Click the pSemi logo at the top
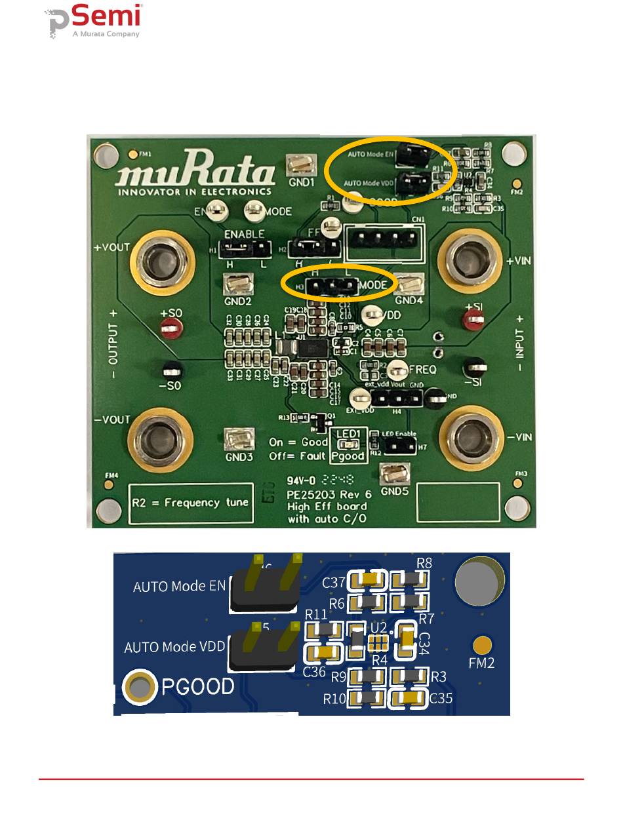[x=96, y=21]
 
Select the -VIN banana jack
[x=472, y=433]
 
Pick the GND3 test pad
[x=238, y=440]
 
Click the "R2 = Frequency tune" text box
[x=191, y=503]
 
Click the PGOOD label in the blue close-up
[x=198, y=686]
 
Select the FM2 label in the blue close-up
[x=482, y=663]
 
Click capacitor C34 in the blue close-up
[x=407, y=640]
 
